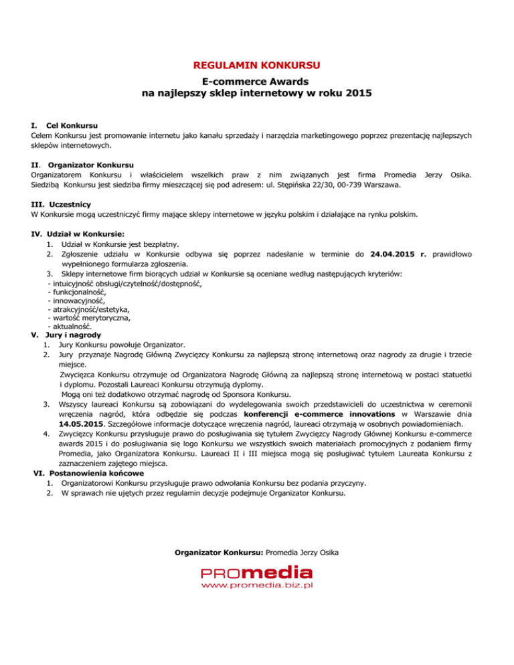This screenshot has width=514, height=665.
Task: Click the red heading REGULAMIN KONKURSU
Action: [x=257, y=65]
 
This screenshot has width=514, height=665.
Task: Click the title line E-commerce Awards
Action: [x=257, y=80]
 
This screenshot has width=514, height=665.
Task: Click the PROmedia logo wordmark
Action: [x=257, y=574]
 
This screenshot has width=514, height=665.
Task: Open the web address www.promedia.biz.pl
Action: [x=257, y=586]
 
